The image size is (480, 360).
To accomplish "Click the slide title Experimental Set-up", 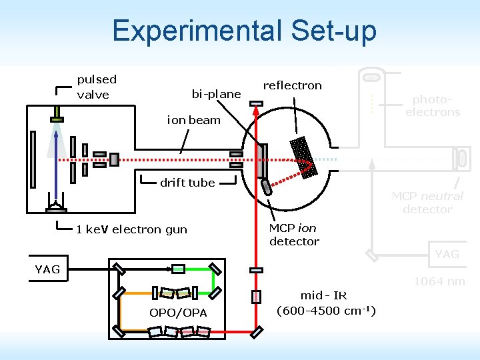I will pyautogui.click(x=244, y=31).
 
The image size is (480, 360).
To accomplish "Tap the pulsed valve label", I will pyautogui.click(x=97, y=87).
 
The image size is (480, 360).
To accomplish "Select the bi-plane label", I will pyautogui.click(x=216, y=94).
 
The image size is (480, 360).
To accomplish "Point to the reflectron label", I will pyautogui.click(x=292, y=85).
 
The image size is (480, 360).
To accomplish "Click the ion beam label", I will pyautogui.click(x=193, y=120).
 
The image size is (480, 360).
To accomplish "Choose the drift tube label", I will pyautogui.click(x=187, y=183).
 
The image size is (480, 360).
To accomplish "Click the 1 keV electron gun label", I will pyautogui.click(x=131, y=229).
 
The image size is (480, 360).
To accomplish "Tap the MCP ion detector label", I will pyautogui.click(x=294, y=235).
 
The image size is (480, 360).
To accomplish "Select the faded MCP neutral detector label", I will pyautogui.click(x=427, y=203).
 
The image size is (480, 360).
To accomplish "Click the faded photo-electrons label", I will pyautogui.click(x=433, y=105).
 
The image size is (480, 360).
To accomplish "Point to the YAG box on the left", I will pyautogui.click(x=47, y=269).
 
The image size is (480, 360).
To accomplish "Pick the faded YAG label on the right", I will pyautogui.click(x=447, y=254).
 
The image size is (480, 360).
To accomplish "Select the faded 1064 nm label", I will pyautogui.click(x=439, y=281).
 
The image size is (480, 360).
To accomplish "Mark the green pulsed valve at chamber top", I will pyautogui.click(x=56, y=119).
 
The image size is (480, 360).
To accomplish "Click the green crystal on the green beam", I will pyautogui.click(x=178, y=269).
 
